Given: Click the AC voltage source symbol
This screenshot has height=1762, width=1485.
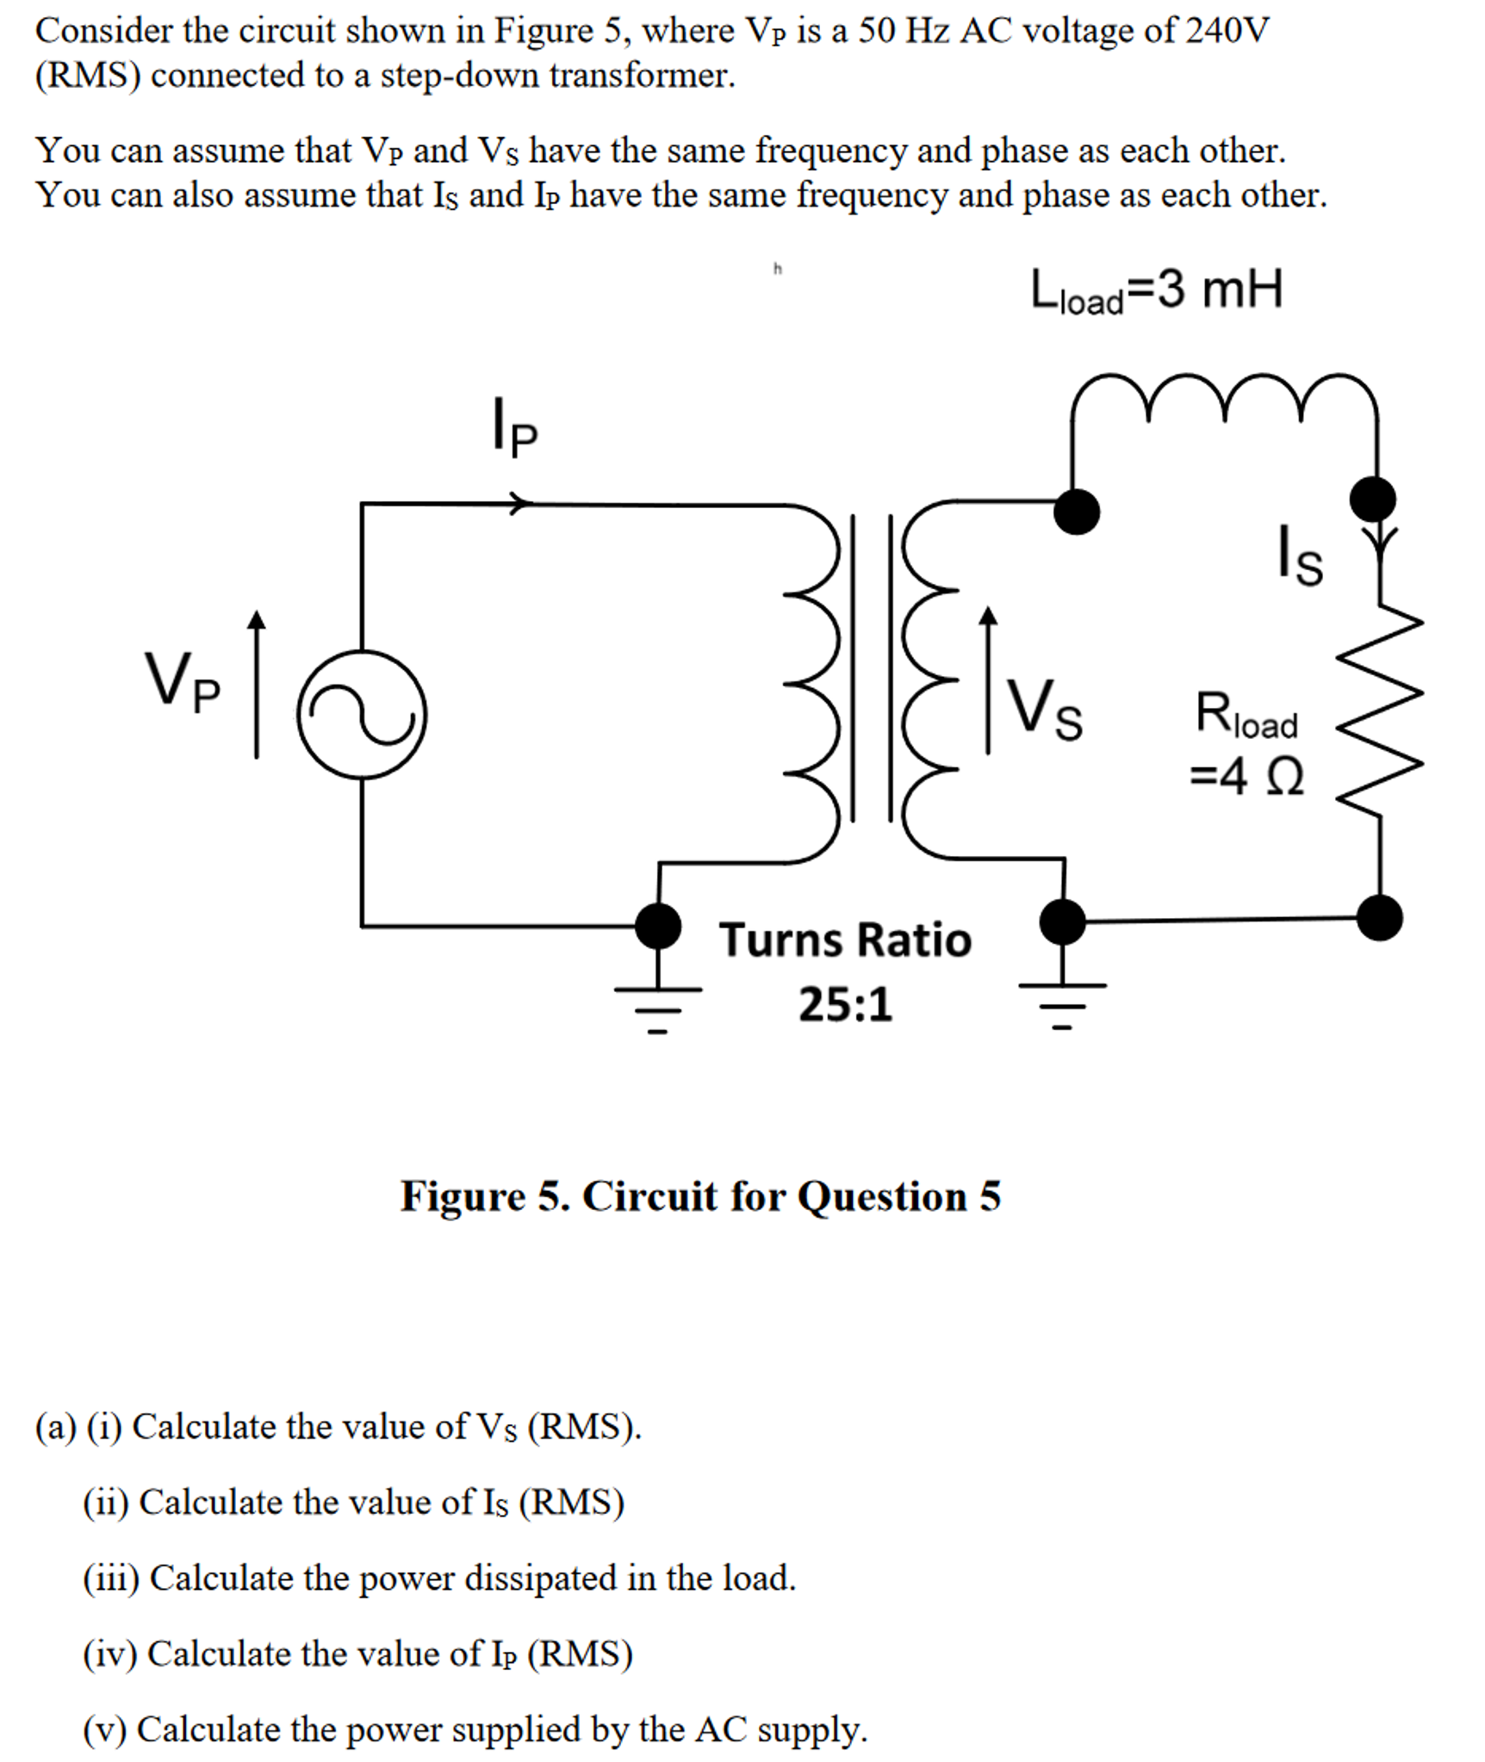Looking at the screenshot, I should (x=362, y=714).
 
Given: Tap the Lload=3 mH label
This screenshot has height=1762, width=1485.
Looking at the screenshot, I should (x=1156, y=291).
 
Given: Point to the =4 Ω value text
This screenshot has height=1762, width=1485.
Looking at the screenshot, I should (x=1246, y=777).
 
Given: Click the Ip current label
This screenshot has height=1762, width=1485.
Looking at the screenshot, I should (x=514, y=425).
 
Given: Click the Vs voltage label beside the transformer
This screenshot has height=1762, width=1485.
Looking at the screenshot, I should (x=1045, y=710).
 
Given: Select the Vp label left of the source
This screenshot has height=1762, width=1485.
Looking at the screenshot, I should (x=182, y=681).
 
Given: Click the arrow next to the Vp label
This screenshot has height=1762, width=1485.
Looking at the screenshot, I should (x=256, y=685).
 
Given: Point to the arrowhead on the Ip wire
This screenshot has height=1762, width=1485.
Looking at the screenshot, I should (x=519, y=503).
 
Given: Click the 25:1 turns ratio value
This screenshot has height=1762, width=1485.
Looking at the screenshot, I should (x=844, y=1004).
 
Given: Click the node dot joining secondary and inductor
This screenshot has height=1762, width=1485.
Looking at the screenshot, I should (x=1077, y=511).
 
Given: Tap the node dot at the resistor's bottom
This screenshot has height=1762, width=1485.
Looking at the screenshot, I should (x=1379, y=917).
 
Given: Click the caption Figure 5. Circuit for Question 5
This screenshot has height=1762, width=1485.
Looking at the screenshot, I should (x=700, y=1196).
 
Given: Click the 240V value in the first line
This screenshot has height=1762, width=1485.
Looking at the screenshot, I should (x=1227, y=31).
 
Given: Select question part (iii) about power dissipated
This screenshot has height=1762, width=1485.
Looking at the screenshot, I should (x=439, y=1578).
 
